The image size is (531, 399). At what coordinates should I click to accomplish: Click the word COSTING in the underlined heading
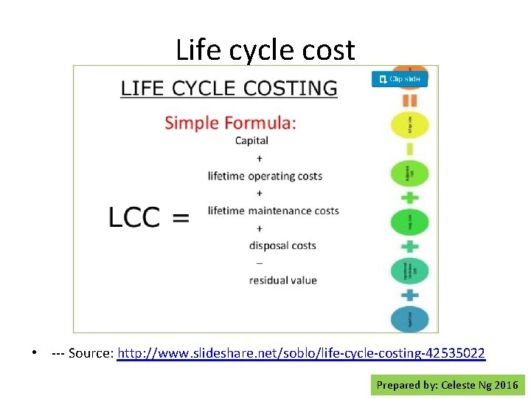pyautogui.click(x=294, y=88)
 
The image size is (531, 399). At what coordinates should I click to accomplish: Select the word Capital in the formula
pyautogui.click(x=251, y=140)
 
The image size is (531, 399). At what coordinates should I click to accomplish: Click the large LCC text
pyautogui.click(x=134, y=217)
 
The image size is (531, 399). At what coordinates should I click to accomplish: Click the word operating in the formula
pyautogui.click(x=271, y=177)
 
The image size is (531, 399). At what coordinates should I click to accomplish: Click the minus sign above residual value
pyautogui.click(x=259, y=263)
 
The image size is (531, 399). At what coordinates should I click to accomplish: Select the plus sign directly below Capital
pyautogui.click(x=259, y=158)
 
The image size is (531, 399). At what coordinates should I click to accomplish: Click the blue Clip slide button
pyautogui.click(x=400, y=78)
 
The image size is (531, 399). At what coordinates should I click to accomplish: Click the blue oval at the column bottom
pyautogui.click(x=409, y=318)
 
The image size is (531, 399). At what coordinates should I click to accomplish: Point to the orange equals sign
pyautogui.click(x=409, y=100)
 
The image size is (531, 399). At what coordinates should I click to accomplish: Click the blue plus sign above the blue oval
pyautogui.click(x=409, y=294)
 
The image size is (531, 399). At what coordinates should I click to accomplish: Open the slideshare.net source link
pyautogui.click(x=301, y=353)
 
